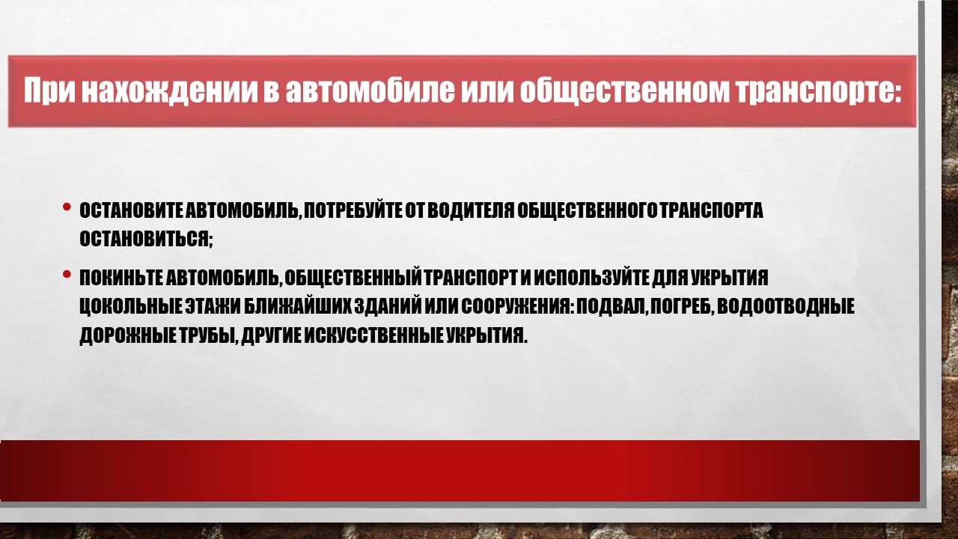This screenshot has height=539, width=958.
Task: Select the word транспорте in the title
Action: [819, 91]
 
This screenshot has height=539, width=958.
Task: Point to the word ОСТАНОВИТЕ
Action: [131, 210]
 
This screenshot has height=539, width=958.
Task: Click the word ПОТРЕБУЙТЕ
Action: [353, 210]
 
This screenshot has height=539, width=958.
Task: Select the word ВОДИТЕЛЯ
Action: [471, 210]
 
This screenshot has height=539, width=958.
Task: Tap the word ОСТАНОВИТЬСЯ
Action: [144, 238]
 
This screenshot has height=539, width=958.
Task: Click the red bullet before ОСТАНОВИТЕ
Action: [67, 207]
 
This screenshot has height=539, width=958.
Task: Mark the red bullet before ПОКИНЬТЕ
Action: [67, 274]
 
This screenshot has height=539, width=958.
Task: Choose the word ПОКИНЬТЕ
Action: [120, 278]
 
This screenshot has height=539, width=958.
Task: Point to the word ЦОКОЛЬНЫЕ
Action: [130, 307]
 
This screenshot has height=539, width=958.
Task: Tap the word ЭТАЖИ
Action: [213, 307]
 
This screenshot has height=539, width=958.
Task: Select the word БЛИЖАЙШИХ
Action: [298, 307]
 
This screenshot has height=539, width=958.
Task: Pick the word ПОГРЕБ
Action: [681, 307]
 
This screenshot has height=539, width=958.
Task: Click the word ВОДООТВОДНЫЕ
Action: [786, 307]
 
